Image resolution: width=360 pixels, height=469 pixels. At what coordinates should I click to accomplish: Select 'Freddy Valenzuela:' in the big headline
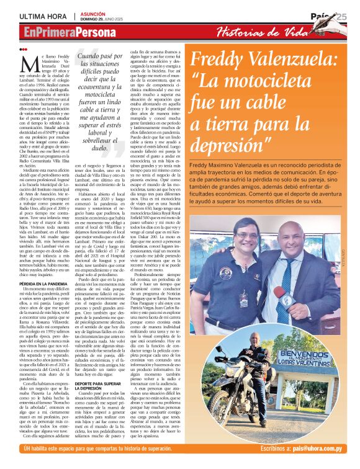264,60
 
